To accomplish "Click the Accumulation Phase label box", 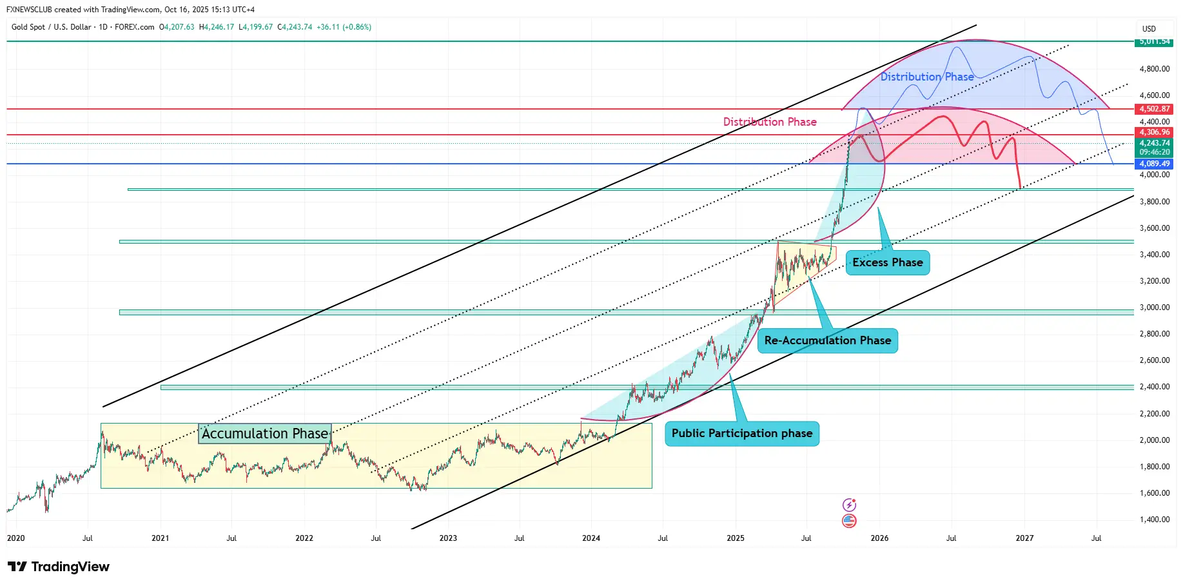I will point(264,433).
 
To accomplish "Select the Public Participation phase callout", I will point(741,433).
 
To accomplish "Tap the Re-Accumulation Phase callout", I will point(827,340).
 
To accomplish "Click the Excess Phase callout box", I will point(887,262).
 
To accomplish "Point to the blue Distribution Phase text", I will point(926,77).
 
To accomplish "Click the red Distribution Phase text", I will point(769,122).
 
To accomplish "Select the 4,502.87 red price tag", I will point(1154,109).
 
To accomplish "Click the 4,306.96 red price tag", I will point(1154,132).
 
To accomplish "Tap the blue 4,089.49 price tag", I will point(1154,164).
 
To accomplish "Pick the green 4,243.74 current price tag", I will point(1154,143).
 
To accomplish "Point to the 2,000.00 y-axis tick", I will point(1154,440).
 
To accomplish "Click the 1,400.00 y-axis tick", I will point(1154,520).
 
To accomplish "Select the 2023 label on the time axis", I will point(448,538).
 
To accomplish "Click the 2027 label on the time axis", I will point(1024,538).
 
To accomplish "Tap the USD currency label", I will point(1149,29).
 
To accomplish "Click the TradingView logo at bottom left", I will point(59,567).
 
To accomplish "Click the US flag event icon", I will point(849,521).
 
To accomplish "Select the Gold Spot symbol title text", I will point(83,27).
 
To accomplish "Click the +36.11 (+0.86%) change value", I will point(344,27).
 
